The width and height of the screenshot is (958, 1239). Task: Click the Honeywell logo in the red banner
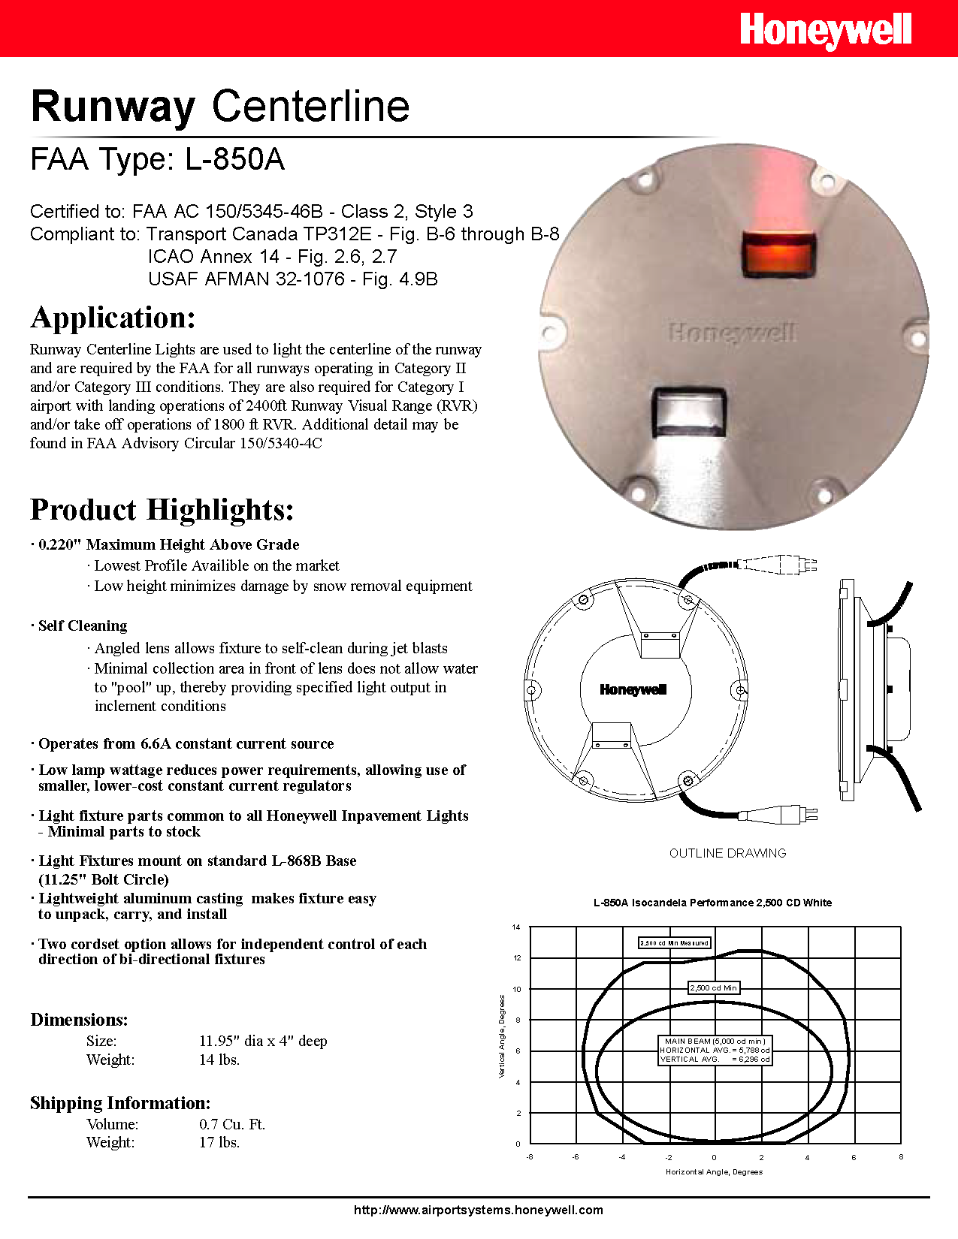pyautogui.click(x=825, y=30)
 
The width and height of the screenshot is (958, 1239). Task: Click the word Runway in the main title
pyautogui.click(x=113, y=107)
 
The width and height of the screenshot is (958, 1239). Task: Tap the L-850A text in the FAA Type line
pyautogui.click(x=234, y=159)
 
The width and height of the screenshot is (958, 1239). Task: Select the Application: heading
pyautogui.click(x=113, y=318)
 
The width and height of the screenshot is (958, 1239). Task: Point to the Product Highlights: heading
pyautogui.click(x=162, y=510)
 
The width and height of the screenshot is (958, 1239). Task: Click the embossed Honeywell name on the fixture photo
pyautogui.click(x=732, y=333)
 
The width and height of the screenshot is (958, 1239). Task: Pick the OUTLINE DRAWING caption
pyautogui.click(x=727, y=853)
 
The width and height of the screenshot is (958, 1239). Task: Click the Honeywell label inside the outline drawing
pyautogui.click(x=633, y=690)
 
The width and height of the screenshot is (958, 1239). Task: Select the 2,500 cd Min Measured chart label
pyautogui.click(x=674, y=942)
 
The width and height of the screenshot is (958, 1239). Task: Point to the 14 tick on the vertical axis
pyautogui.click(x=516, y=927)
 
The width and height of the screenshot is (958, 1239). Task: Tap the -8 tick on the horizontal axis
pyautogui.click(x=530, y=1157)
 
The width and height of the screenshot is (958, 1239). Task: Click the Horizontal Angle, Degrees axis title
pyautogui.click(x=714, y=1171)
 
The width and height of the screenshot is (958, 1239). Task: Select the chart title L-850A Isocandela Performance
pyautogui.click(x=712, y=903)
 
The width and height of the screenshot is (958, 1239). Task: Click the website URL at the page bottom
pyautogui.click(x=479, y=1210)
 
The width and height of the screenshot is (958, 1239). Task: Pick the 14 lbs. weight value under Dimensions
pyautogui.click(x=219, y=1060)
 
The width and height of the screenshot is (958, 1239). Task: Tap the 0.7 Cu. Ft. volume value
pyautogui.click(x=232, y=1124)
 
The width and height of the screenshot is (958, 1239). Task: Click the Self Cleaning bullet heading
pyautogui.click(x=83, y=626)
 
